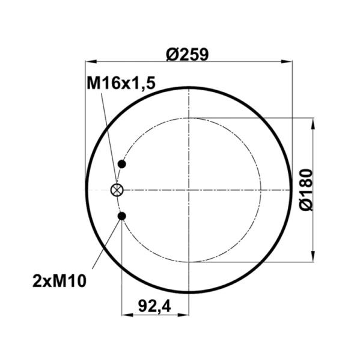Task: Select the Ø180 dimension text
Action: (306, 190)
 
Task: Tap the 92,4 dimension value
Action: (155, 306)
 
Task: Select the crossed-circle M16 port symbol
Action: (117, 190)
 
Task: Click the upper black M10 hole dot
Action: (122, 164)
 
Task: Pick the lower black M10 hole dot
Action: (122, 216)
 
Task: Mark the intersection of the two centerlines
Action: (189, 190)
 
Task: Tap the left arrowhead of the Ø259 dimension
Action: (90, 61)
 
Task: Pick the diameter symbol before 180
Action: (306, 205)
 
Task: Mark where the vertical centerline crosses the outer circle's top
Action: (189, 87)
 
